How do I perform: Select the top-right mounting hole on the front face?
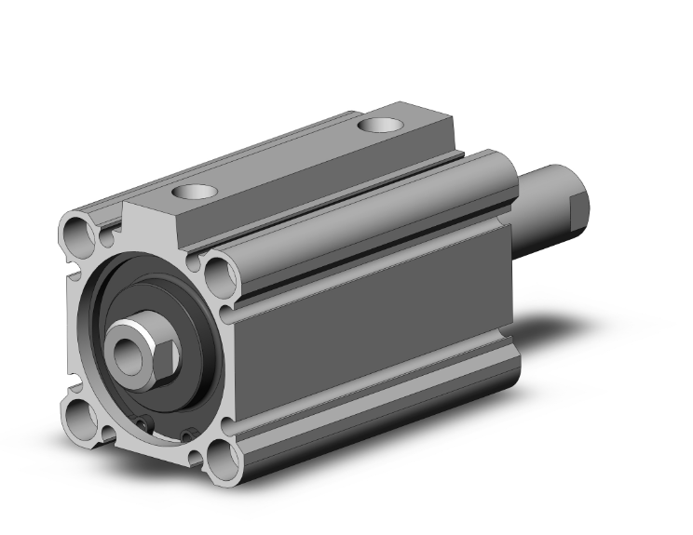tap(220, 273)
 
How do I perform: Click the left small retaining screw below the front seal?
tap(143, 425)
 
